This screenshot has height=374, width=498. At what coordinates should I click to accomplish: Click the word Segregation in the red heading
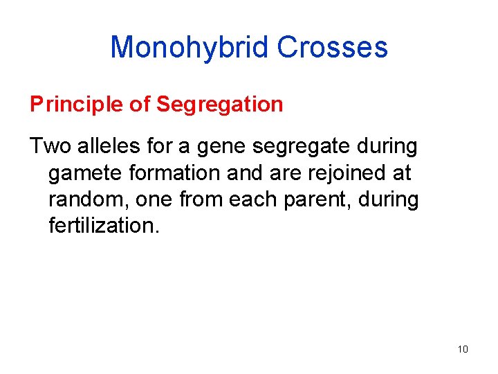pyautogui.click(x=219, y=105)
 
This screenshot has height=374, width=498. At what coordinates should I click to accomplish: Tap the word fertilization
pyautogui.click(x=102, y=226)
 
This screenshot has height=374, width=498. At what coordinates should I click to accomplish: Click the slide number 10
pyautogui.click(x=463, y=349)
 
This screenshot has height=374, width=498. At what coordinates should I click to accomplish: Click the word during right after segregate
pyautogui.click(x=385, y=147)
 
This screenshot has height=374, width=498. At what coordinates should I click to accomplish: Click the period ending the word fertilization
pyautogui.click(x=156, y=232)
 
